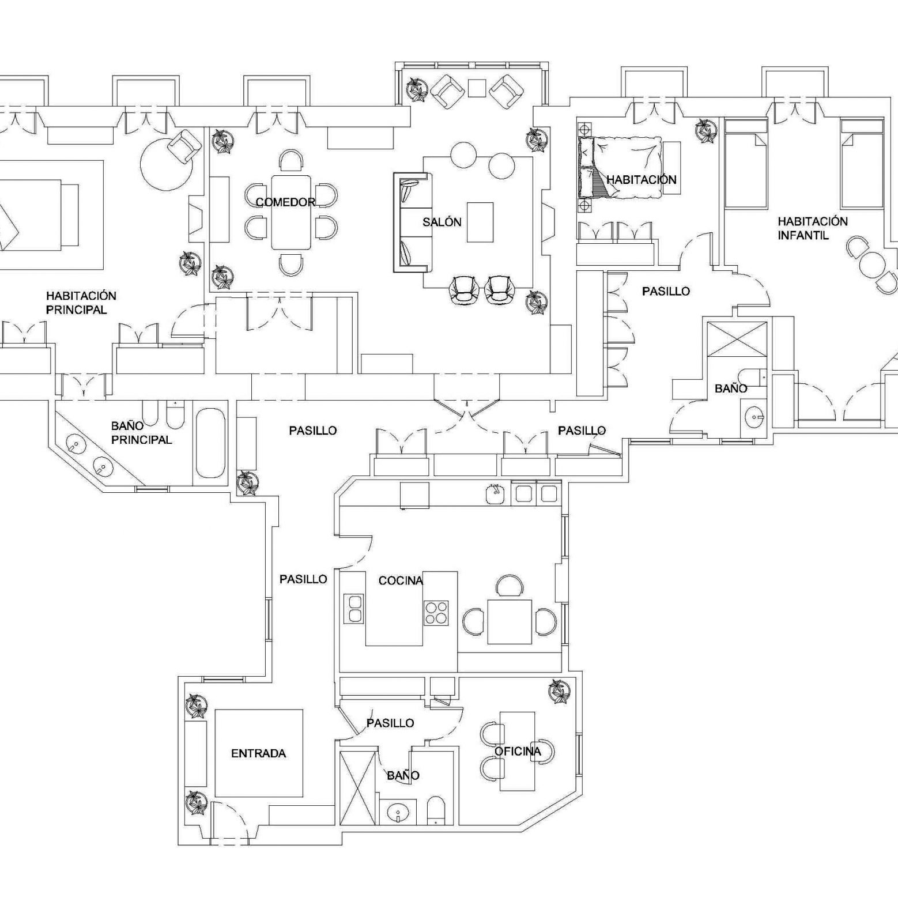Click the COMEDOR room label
coord(285,202)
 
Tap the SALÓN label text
coord(442,222)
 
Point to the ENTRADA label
coord(258,753)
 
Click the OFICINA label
coord(518,751)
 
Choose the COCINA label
coord(401,580)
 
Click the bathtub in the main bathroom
coord(210,443)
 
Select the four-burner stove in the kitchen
coord(436,612)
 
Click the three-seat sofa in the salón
coord(410,222)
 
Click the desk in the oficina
coord(517,751)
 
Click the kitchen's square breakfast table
coord(510,621)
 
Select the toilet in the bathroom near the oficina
coord(436,810)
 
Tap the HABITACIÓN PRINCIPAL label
coord(81,303)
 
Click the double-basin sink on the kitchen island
coord(354,609)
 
